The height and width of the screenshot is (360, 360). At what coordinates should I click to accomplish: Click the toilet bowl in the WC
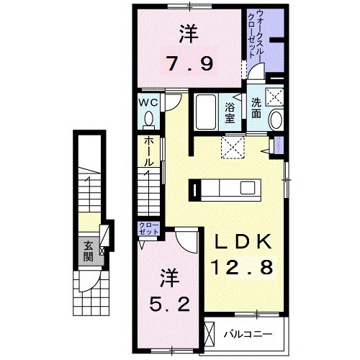click(x=150, y=119)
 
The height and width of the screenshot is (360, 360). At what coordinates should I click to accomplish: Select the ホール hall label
click(x=148, y=153)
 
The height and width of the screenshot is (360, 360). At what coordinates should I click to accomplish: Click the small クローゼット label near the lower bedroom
click(x=148, y=230)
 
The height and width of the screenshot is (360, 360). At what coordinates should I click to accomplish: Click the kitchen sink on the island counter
click(x=247, y=189)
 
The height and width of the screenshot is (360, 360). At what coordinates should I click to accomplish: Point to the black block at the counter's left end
click(x=194, y=189)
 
